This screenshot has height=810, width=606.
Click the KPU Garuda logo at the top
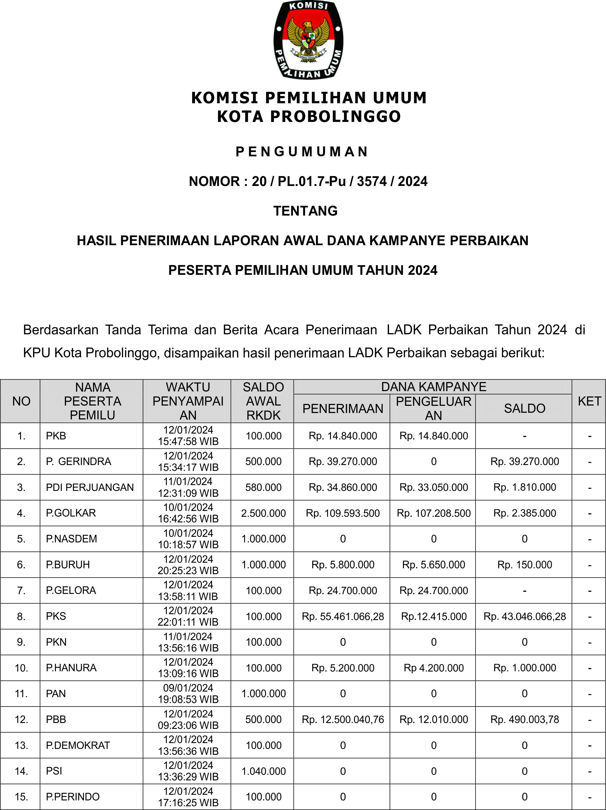(x=308, y=39)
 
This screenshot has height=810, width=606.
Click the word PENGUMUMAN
(x=302, y=152)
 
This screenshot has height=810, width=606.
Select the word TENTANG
(x=305, y=211)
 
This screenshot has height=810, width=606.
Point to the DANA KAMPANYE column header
(x=434, y=387)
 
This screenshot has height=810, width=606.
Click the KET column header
(x=589, y=401)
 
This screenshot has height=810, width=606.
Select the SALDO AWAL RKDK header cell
(x=263, y=401)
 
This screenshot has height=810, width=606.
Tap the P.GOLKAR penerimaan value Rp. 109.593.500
(x=343, y=513)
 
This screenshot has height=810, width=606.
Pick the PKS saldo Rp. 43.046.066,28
(x=524, y=617)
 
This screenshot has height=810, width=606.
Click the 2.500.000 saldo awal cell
(x=263, y=513)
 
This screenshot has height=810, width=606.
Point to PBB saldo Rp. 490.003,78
(x=524, y=720)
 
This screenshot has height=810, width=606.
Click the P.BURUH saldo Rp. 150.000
(x=524, y=565)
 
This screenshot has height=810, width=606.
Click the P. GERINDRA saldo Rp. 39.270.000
(x=524, y=461)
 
